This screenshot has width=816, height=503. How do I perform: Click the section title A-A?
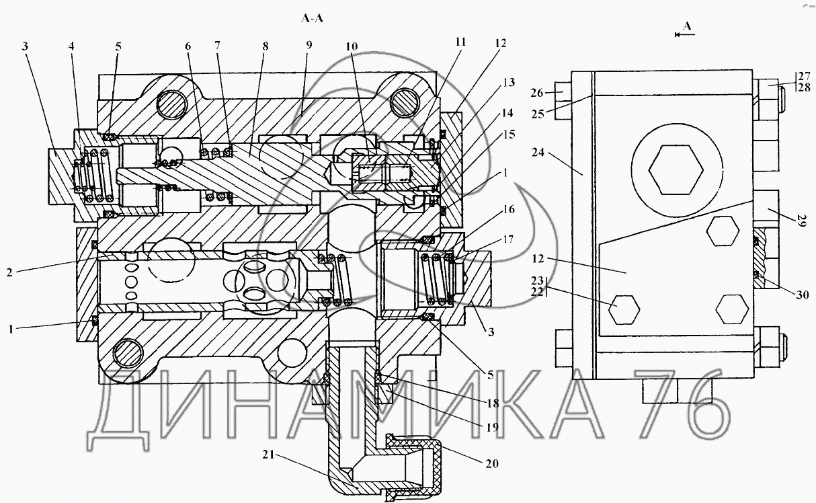tap(312, 18)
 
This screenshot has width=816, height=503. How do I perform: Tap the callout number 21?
tap(268, 455)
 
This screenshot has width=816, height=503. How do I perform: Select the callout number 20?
tap(492, 463)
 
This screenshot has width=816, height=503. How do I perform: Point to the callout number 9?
tap(309, 45)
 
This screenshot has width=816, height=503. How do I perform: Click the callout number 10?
tap(352, 46)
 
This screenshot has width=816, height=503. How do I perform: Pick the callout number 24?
tap(538, 152)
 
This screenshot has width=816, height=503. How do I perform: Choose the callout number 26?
tap(536, 93)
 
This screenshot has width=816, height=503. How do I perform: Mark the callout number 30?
tap(803, 295)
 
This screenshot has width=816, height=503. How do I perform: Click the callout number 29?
tap(801, 221)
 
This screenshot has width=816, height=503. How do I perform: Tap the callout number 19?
tap(492, 427)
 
